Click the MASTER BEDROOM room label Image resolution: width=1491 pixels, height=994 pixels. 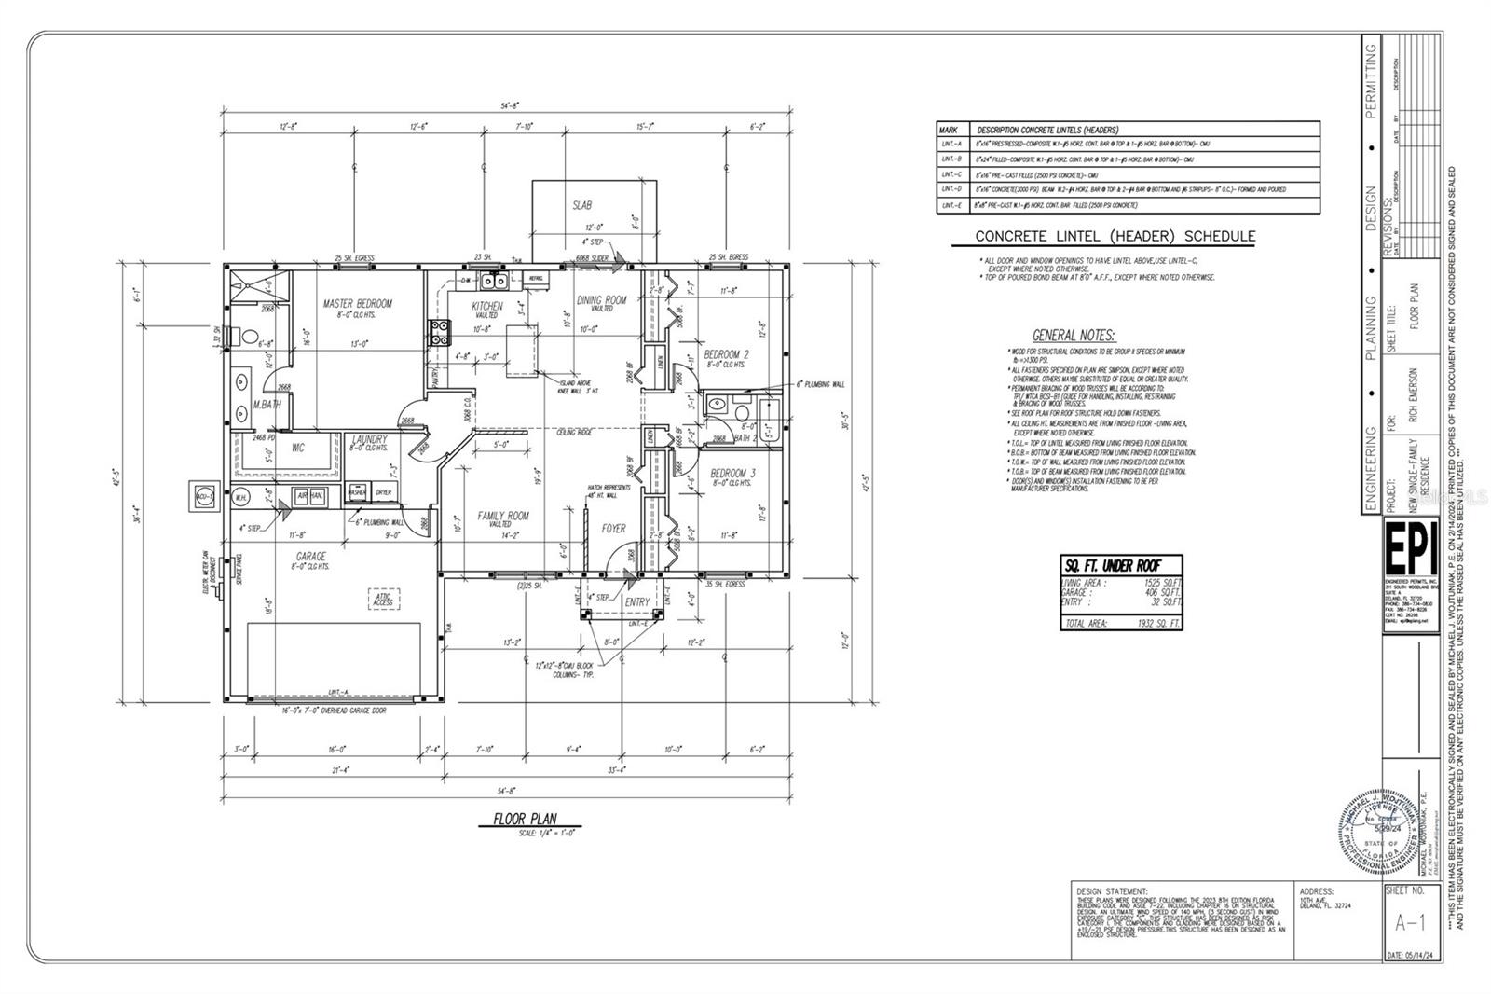357,303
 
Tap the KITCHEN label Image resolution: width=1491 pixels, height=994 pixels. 486,306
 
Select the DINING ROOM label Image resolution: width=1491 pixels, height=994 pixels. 601,300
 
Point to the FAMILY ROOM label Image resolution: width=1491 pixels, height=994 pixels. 503,516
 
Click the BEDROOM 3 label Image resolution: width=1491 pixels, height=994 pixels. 732,474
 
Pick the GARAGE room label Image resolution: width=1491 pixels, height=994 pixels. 311,557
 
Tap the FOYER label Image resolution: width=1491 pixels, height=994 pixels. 613,529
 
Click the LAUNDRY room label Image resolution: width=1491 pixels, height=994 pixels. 369,439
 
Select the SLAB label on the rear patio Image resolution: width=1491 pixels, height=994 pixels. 581,205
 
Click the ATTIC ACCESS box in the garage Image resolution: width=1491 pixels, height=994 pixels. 383,600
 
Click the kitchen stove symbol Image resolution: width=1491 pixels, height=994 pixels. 439,333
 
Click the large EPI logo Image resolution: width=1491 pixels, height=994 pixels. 1411,551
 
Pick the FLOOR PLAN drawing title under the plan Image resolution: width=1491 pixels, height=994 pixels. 525,820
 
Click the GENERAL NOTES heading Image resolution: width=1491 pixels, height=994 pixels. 1074,336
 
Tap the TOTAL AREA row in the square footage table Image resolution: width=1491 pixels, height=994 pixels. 1121,623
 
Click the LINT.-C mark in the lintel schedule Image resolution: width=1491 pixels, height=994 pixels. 951,174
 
